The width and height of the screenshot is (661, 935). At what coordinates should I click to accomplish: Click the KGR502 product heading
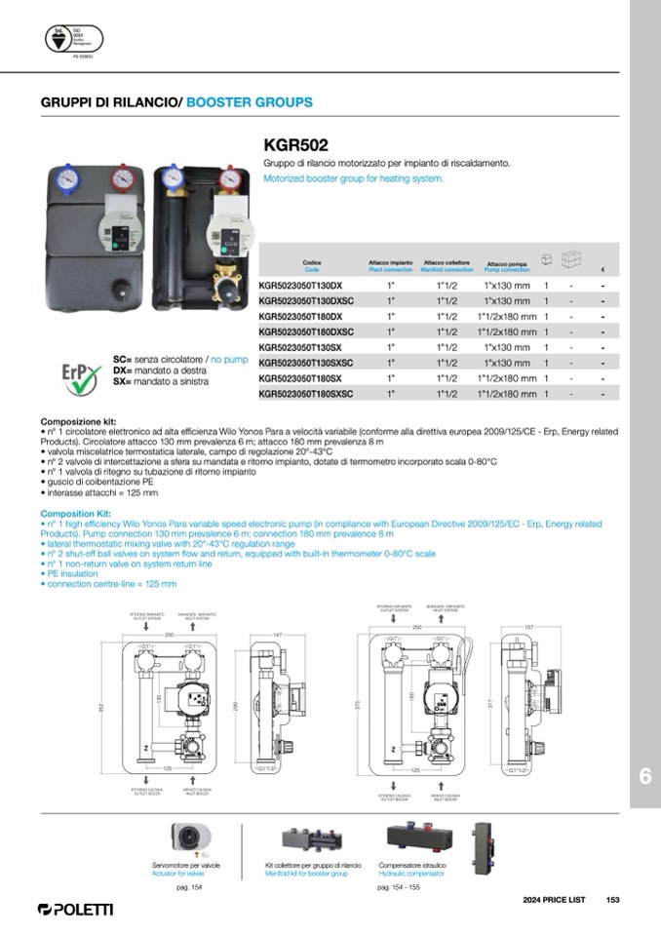[x=295, y=145]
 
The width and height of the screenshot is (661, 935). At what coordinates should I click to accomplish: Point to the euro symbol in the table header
[x=603, y=270]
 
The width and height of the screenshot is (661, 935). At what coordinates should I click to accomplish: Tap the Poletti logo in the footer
[x=75, y=909]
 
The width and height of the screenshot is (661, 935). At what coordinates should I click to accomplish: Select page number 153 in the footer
[x=612, y=900]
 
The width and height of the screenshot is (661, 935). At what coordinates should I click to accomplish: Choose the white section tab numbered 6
[x=644, y=777]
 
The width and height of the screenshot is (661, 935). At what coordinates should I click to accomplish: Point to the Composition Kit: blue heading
[x=76, y=513]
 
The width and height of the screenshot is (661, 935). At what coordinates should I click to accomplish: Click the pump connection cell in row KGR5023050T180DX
[x=507, y=317]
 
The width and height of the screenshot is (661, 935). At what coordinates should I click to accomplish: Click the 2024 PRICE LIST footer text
[x=554, y=900]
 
